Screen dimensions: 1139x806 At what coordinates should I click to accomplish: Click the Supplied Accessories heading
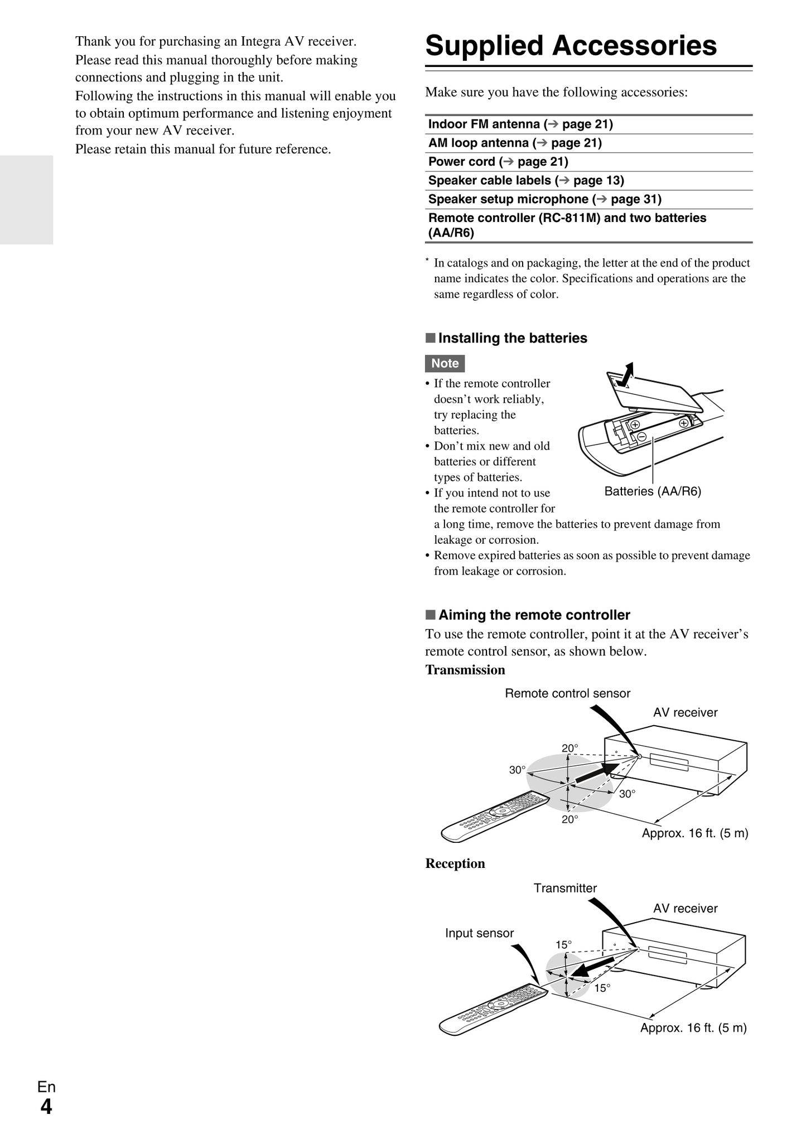click(x=571, y=46)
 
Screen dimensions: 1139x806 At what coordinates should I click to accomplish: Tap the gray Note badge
click(x=445, y=363)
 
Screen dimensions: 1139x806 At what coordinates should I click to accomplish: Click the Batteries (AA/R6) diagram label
click(x=652, y=491)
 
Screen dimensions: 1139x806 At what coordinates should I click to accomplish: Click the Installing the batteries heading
click(x=512, y=338)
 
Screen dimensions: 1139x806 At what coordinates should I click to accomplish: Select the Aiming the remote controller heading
click(x=534, y=615)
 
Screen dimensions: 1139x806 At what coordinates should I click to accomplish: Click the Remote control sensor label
click(x=567, y=693)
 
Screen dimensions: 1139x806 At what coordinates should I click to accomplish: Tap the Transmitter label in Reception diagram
click(x=564, y=888)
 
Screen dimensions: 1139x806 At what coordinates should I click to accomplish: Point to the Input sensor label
click(x=479, y=933)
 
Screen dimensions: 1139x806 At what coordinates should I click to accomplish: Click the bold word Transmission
click(x=465, y=670)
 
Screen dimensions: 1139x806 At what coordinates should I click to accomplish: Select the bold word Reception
click(x=455, y=863)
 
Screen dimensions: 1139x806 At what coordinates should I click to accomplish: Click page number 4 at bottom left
click(x=46, y=1107)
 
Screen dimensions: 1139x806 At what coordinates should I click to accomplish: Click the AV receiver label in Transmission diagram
click(x=685, y=712)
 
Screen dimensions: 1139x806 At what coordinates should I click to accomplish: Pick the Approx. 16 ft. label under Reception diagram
click(x=693, y=1027)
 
